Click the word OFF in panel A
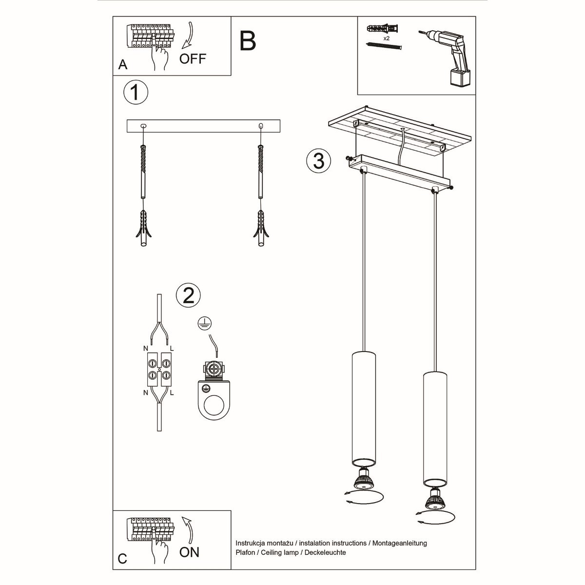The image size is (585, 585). pyautogui.click(x=193, y=59)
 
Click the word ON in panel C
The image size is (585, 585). pyautogui.click(x=189, y=552)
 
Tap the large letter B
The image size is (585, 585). pyautogui.click(x=248, y=41)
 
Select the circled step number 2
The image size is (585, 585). pyautogui.click(x=188, y=295)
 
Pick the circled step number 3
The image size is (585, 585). pyautogui.click(x=318, y=160)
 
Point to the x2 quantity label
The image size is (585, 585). pyautogui.click(x=386, y=38)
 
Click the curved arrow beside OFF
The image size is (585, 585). pyautogui.click(x=187, y=37)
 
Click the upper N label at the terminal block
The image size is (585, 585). pyautogui.click(x=145, y=348)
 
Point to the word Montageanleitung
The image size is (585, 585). pyautogui.click(x=400, y=543)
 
